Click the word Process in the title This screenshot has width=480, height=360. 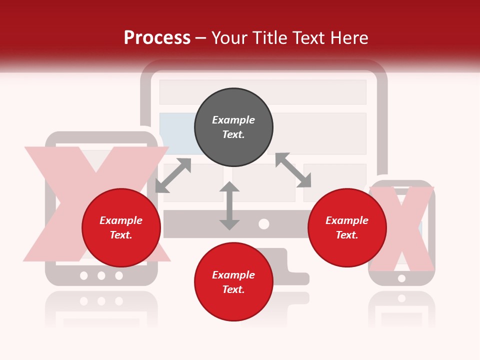coord(157,38)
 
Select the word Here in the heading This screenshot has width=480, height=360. coord(349,38)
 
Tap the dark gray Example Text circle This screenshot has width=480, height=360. coord(233,127)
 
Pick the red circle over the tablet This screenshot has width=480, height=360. coord(121,227)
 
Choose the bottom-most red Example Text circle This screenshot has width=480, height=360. coord(233,282)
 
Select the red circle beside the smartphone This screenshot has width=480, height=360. coord(347,227)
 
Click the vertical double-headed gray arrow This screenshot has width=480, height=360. coord(229,205)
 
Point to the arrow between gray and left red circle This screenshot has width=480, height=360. coord(173,175)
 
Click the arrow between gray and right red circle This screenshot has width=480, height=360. coord(293,170)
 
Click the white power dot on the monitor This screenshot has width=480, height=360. coord(264,224)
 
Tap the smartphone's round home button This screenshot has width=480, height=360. coord(401,278)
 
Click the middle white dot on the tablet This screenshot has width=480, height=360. coord(101,275)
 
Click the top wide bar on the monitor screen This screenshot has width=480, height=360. coord(262,92)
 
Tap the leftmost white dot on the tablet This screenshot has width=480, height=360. coord(84,275)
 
